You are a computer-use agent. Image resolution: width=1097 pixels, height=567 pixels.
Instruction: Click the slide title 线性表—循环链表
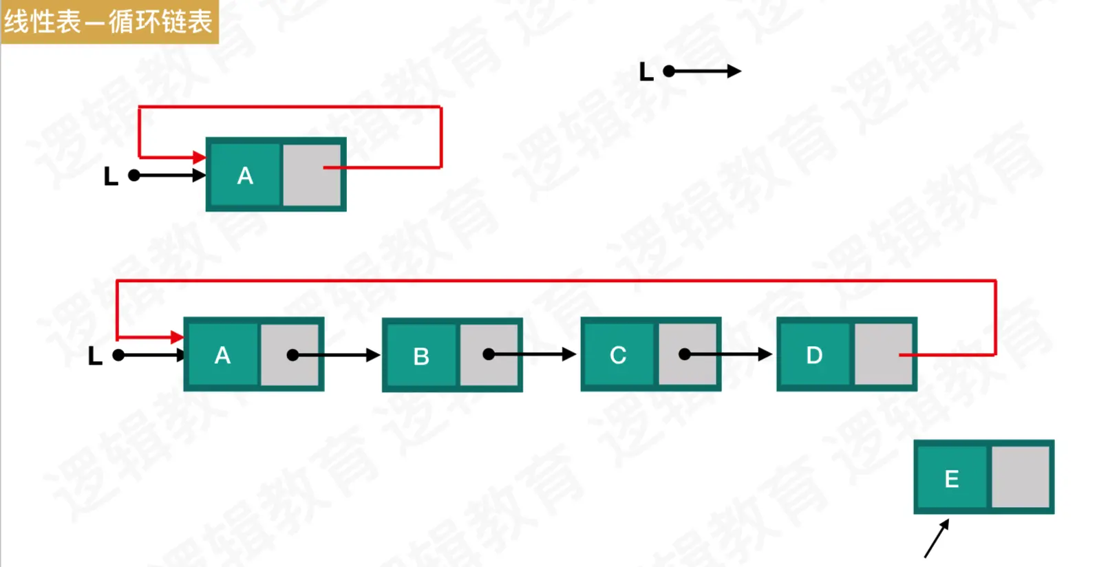tap(109, 21)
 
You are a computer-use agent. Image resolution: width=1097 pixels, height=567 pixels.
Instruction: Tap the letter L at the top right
tap(646, 72)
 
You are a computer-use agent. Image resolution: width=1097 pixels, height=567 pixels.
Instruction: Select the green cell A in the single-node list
tap(245, 175)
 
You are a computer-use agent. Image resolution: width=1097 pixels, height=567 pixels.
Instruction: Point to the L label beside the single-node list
tap(110, 177)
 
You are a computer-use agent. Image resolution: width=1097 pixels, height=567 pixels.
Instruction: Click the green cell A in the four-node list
tap(222, 355)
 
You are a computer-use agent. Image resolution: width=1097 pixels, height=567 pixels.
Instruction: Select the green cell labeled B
tap(421, 356)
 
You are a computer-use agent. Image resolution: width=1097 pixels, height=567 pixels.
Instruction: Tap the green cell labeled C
tap(618, 355)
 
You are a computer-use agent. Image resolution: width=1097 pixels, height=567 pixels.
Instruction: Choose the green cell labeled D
tap(815, 355)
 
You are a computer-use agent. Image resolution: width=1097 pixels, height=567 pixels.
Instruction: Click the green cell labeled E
tap(952, 478)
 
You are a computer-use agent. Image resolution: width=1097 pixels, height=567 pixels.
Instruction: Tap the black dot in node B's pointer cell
tap(489, 354)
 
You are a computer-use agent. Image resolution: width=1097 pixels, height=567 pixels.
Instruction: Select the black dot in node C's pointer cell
tap(685, 354)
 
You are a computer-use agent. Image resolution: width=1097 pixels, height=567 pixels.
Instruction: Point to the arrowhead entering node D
tap(765, 354)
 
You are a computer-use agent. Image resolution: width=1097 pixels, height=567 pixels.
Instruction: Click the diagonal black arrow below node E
tap(937, 538)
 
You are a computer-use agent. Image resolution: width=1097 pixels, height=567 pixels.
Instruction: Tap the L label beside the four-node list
tap(95, 356)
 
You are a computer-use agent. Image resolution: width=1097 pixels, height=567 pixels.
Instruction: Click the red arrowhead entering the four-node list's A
tap(177, 337)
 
